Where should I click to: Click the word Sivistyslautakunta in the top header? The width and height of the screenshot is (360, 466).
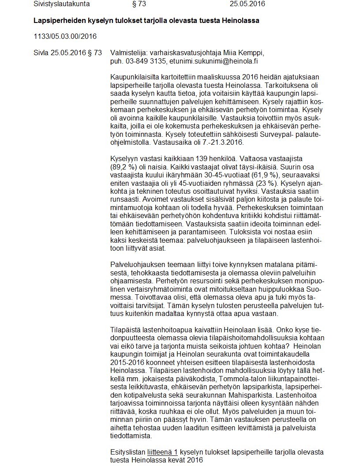point(62,4)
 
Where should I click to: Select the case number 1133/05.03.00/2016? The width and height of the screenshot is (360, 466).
point(65,36)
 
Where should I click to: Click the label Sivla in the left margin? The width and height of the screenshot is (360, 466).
point(41,53)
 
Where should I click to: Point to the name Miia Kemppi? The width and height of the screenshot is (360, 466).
point(245,53)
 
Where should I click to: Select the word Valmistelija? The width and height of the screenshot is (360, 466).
point(128,53)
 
